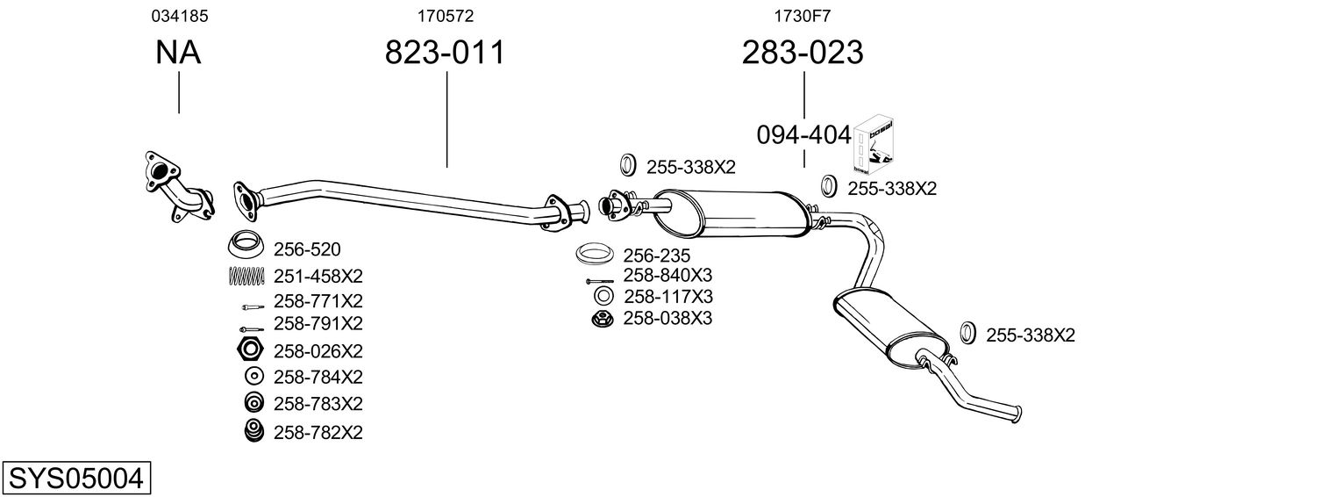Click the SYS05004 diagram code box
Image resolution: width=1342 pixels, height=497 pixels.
click(75, 479)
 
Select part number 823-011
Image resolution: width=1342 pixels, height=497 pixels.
click(446, 54)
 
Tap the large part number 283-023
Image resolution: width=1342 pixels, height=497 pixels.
click(803, 54)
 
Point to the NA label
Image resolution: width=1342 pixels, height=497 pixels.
click(178, 54)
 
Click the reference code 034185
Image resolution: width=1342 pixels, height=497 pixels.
click(179, 16)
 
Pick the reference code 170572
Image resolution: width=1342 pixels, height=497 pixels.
click(446, 16)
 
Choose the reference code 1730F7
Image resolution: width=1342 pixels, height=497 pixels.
click(802, 16)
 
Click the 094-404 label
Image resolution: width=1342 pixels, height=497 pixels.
click(803, 135)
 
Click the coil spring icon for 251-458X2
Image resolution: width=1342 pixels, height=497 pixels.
click(246, 275)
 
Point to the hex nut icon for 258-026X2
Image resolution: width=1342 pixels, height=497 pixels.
click(250, 350)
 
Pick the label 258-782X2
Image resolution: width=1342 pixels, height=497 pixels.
click(318, 432)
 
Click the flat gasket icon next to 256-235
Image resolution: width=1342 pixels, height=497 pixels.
click(594, 255)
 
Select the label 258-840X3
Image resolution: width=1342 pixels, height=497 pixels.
click(667, 275)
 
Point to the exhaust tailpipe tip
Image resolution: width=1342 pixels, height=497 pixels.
click(1014, 413)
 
